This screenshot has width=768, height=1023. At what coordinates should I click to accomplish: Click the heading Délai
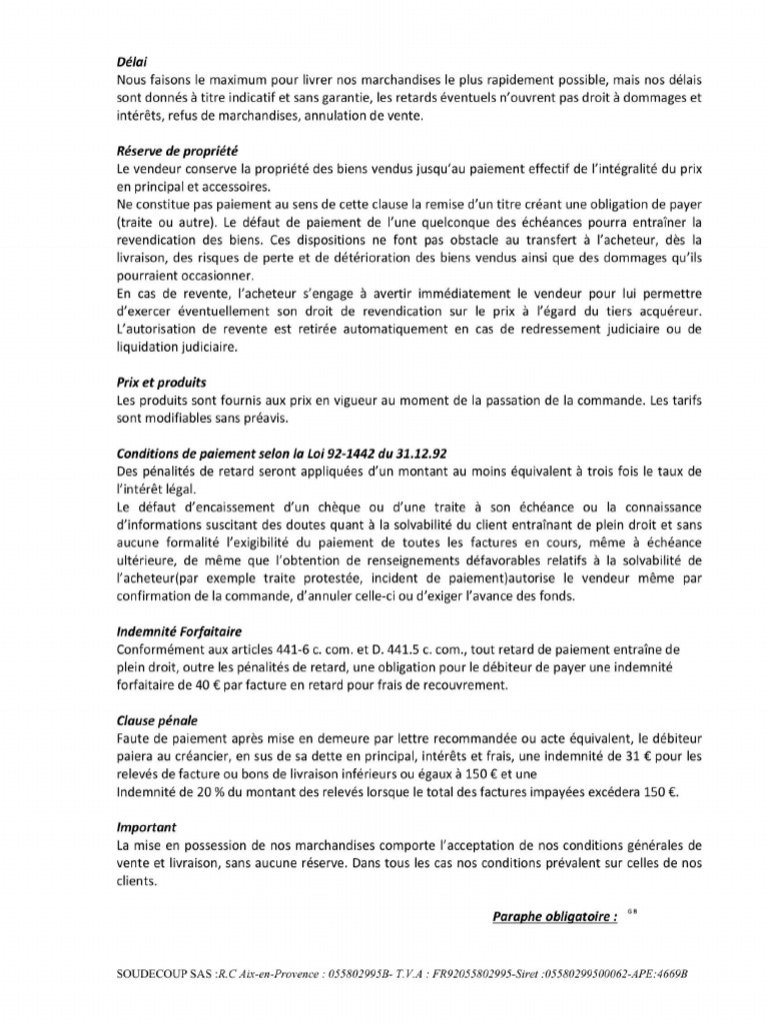(132, 61)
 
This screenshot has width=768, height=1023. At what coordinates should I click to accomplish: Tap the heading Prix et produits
(162, 382)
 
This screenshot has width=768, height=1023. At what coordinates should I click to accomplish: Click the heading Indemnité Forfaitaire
(180, 632)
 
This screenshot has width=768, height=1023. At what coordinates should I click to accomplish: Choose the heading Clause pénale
(158, 720)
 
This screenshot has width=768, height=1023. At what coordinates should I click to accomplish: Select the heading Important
(146, 827)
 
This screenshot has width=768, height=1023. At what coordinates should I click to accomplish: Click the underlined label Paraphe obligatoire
(554, 916)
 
